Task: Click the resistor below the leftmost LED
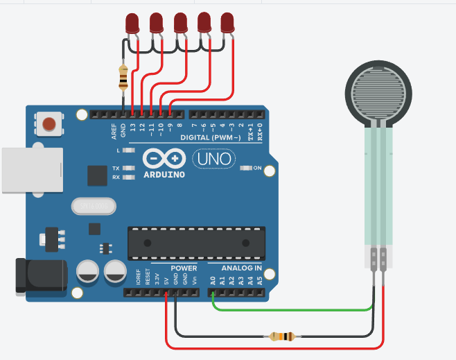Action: point(123,77)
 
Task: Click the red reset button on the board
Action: point(49,124)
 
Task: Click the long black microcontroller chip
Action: point(196,242)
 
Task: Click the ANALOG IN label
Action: point(241,268)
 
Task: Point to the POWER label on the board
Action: point(183,268)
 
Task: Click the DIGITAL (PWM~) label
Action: point(209,138)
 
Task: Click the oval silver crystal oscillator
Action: point(91,205)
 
